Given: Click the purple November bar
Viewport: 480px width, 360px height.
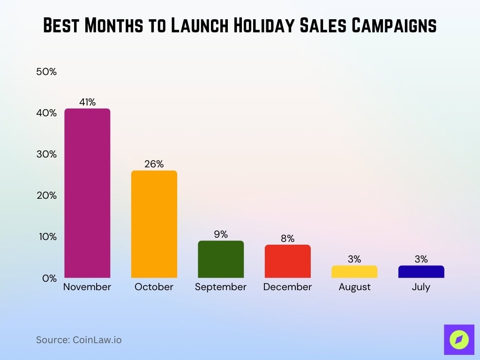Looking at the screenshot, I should click(x=87, y=193).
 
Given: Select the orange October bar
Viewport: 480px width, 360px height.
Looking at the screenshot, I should click(x=154, y=224).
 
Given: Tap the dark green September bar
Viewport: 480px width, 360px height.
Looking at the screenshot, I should click(x=221, y=259).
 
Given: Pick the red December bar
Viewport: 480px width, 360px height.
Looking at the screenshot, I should click(x=287, y=261).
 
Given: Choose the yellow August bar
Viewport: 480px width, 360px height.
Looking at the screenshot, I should click(x=354, y=272).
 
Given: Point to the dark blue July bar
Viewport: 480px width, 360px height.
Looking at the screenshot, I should click(x=421, y=272).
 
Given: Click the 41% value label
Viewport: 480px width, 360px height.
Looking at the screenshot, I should click(x=87, y=102).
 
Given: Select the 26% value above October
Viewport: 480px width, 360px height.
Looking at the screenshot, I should click(x=154, y=164).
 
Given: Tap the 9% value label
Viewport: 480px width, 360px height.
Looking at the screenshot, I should click(x=221, y=234).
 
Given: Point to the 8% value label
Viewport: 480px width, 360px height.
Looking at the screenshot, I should click(x=287, y=239).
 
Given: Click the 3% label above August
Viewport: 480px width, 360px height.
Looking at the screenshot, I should click(x=354, y=259).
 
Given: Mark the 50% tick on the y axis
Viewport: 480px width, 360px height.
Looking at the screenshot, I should click(x=46, y=72).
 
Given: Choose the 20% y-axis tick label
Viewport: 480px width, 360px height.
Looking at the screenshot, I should click(x=46, y=195).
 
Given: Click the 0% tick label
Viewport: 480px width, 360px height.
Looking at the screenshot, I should click(x=49, y=278).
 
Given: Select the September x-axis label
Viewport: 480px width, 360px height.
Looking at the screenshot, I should click(x=221, y=287).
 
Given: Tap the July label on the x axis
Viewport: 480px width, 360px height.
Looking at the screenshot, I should click(x=421, y=287).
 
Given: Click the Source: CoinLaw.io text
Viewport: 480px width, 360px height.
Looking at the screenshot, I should click(x=79, y=340).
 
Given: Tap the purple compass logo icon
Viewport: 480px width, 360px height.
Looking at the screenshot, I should click(x=458, y=339).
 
